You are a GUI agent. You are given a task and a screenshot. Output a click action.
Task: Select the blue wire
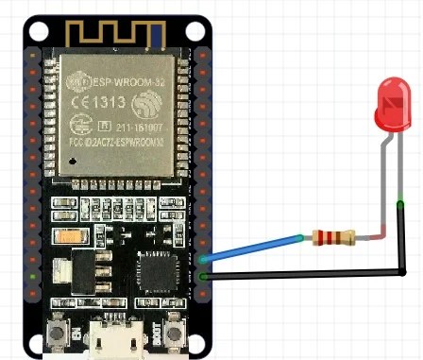pyautogui.click(x=255, y=247)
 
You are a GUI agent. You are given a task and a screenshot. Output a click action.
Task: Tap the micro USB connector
pyautogui.click(x=117, y=342)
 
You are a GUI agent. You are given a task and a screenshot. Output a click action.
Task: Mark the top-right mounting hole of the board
pyautogui.click(x=196, y=29)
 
